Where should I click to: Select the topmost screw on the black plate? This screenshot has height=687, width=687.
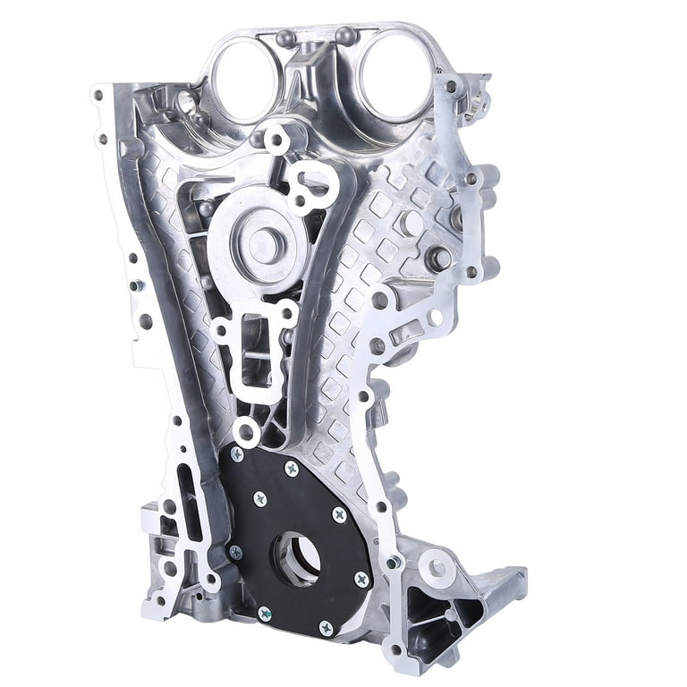[x=292, y=468]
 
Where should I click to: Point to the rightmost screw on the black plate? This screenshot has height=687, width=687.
[x=361, y=579]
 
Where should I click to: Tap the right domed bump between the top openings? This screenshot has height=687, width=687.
[x=344, y=36]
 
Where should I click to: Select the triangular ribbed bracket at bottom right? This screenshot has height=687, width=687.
[x=438, y=608]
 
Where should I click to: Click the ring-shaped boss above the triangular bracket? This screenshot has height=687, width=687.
[x=437, y=565]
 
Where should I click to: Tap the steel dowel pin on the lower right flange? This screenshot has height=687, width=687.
[x=394, y=562]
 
